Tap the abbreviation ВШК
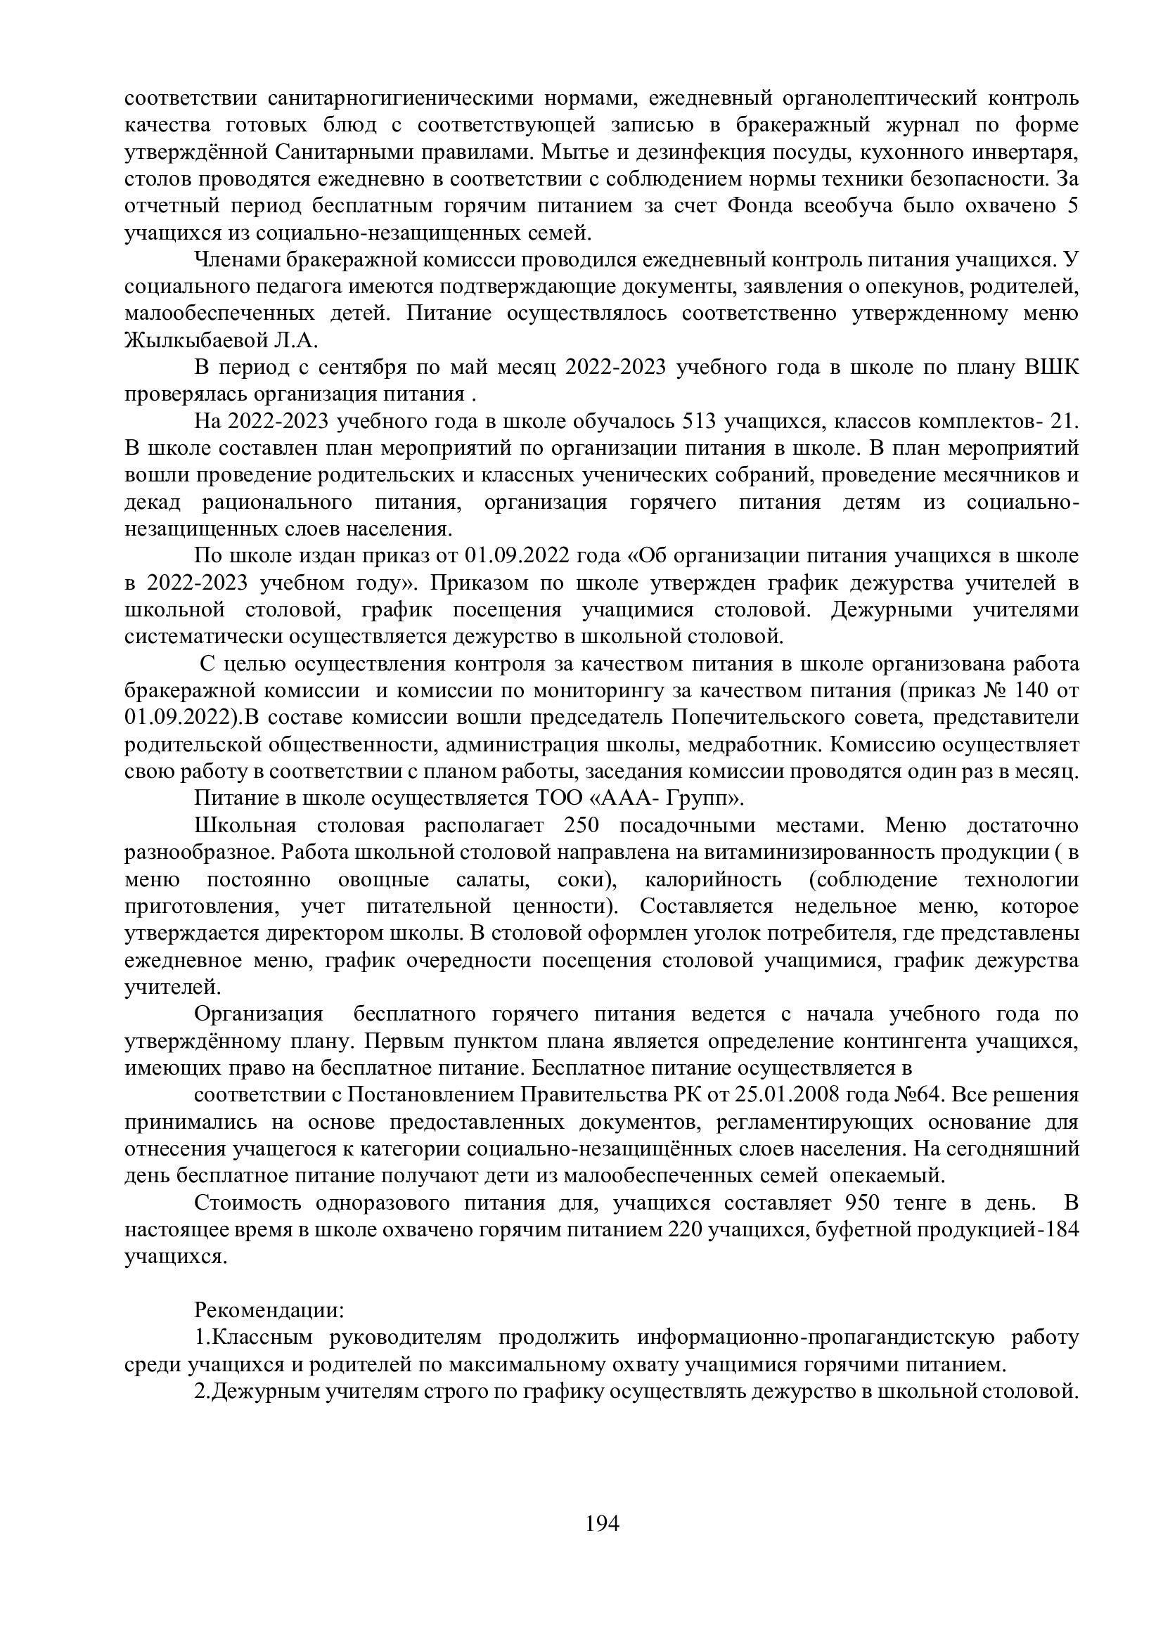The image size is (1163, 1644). coord(1052,368)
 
